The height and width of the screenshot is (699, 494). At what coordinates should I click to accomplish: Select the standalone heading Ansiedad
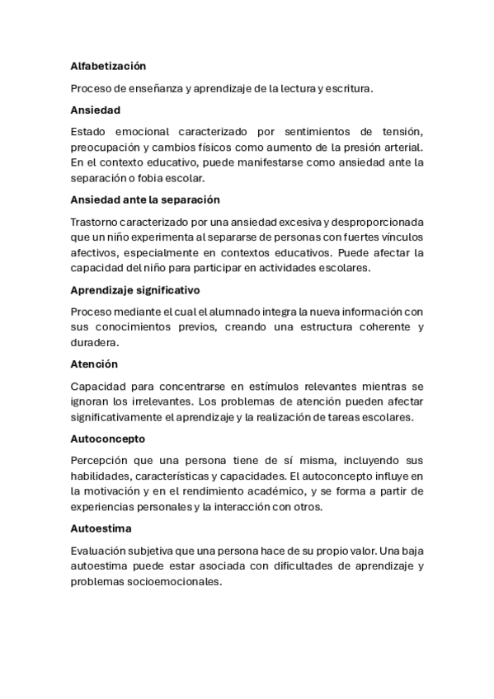click(x=95, y=109)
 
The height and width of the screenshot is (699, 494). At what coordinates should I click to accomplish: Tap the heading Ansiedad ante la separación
click(x=144, y=199)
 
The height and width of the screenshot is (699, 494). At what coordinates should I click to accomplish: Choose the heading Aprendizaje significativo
click(x=135, y=290)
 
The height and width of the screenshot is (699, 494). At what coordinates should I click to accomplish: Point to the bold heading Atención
click(x=94, y=364)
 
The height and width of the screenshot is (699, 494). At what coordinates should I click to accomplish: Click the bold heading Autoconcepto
click(x=108, y=439)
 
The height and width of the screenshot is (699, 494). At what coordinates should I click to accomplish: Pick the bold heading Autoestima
click(x=101, y=528)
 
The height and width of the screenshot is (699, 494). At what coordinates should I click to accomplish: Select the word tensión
click(x=399, y=132)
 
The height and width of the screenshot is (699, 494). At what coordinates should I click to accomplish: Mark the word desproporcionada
click(x=371, y=223)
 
